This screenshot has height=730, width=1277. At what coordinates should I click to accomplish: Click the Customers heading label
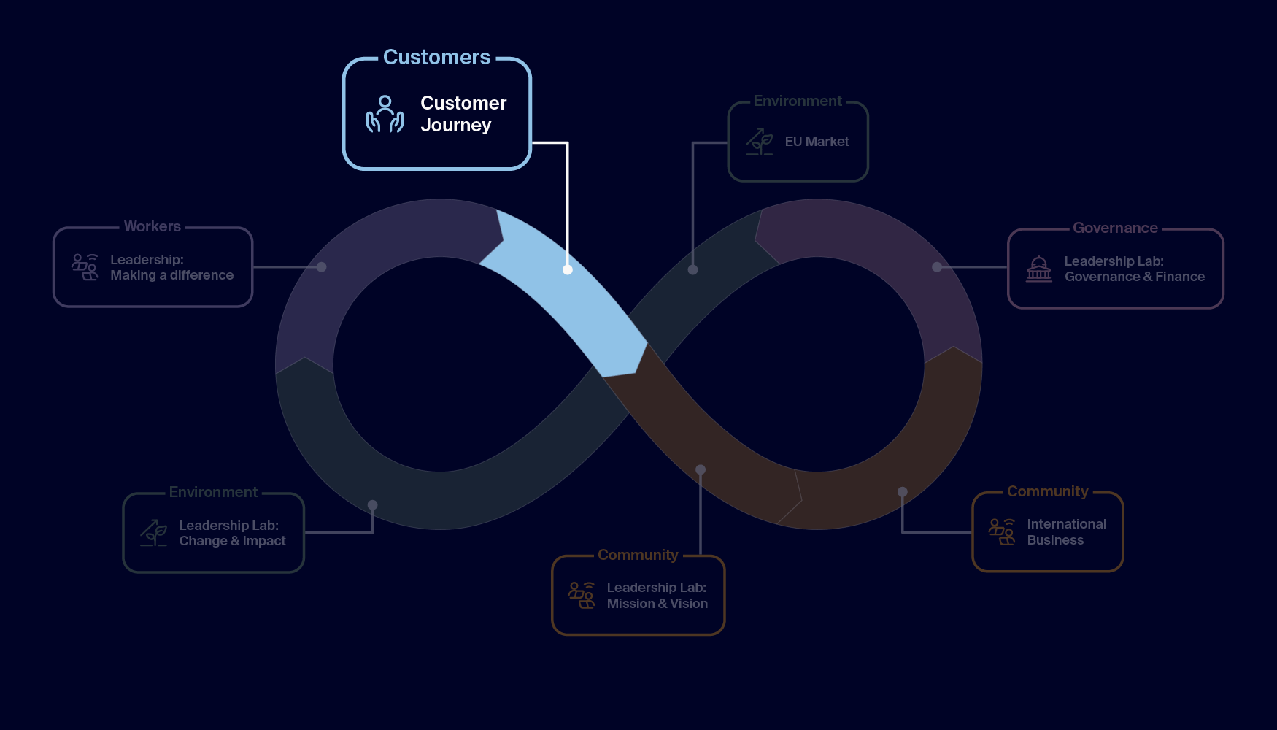[436, 57]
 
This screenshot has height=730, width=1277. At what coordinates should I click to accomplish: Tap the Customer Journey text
[463, 114]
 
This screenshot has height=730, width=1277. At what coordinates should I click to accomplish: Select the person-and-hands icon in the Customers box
[385, 115]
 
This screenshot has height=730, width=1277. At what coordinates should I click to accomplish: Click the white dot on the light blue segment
[568, 269]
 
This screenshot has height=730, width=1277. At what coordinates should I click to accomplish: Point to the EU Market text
[817, 142]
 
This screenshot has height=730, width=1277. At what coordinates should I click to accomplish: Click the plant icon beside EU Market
[760, 142]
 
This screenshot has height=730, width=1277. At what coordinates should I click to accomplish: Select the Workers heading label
[152, 226]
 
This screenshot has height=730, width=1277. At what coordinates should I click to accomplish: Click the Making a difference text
[171, 275]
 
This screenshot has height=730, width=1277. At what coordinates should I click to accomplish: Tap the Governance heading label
[1115, 228]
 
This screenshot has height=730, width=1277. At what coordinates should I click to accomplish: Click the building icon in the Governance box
[1038, 269]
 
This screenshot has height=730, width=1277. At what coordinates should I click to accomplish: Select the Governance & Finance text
[1134, 277]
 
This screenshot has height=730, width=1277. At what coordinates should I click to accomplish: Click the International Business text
[1066, 532]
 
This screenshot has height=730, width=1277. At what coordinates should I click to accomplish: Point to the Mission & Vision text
[657, 604]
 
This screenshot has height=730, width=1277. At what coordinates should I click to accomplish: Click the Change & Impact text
[232, 541]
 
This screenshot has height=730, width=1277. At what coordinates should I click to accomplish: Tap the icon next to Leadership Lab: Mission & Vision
[582, 595]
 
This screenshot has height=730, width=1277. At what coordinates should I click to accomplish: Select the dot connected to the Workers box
[321, 267]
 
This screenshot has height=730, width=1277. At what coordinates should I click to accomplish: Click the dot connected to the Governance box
[937, 267]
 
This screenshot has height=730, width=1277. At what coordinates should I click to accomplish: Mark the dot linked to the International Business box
[903, 492]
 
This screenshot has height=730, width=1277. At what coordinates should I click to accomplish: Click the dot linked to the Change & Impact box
[373, 504]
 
